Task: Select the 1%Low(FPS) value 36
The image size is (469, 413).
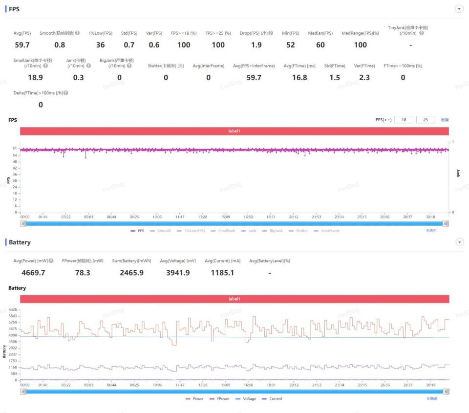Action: [x=100, y=45]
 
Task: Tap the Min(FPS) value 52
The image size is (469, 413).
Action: [x=290, y=45]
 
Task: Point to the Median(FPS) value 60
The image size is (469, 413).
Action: [x=320, y=45]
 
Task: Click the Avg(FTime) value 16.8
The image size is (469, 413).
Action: [x=299, y=78]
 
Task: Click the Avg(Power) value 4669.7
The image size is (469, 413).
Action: [x=33, y=273]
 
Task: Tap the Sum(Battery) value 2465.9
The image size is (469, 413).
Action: [x=131, y=273]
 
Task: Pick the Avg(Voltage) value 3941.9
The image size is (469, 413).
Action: [x=178, y=273]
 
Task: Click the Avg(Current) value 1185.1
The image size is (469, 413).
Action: [x=222, y=273]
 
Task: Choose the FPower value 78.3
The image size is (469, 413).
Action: [x=83, y=273]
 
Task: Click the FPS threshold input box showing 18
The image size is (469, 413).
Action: [x=404, y=120]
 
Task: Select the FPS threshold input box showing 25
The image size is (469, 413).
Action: [x=426, y=120]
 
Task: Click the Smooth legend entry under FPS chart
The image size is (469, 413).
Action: [x=161, y=231]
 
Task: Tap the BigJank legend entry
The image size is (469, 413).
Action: [x=273, y=231]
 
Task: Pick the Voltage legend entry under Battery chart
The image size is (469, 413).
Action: [x=246, y=399]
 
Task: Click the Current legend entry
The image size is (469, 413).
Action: [x=273, y=399]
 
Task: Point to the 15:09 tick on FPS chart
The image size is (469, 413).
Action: [x=226, y=217]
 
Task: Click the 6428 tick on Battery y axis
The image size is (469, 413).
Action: [x=12, y=310]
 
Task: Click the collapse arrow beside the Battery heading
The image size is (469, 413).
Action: [x=459, y=242]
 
